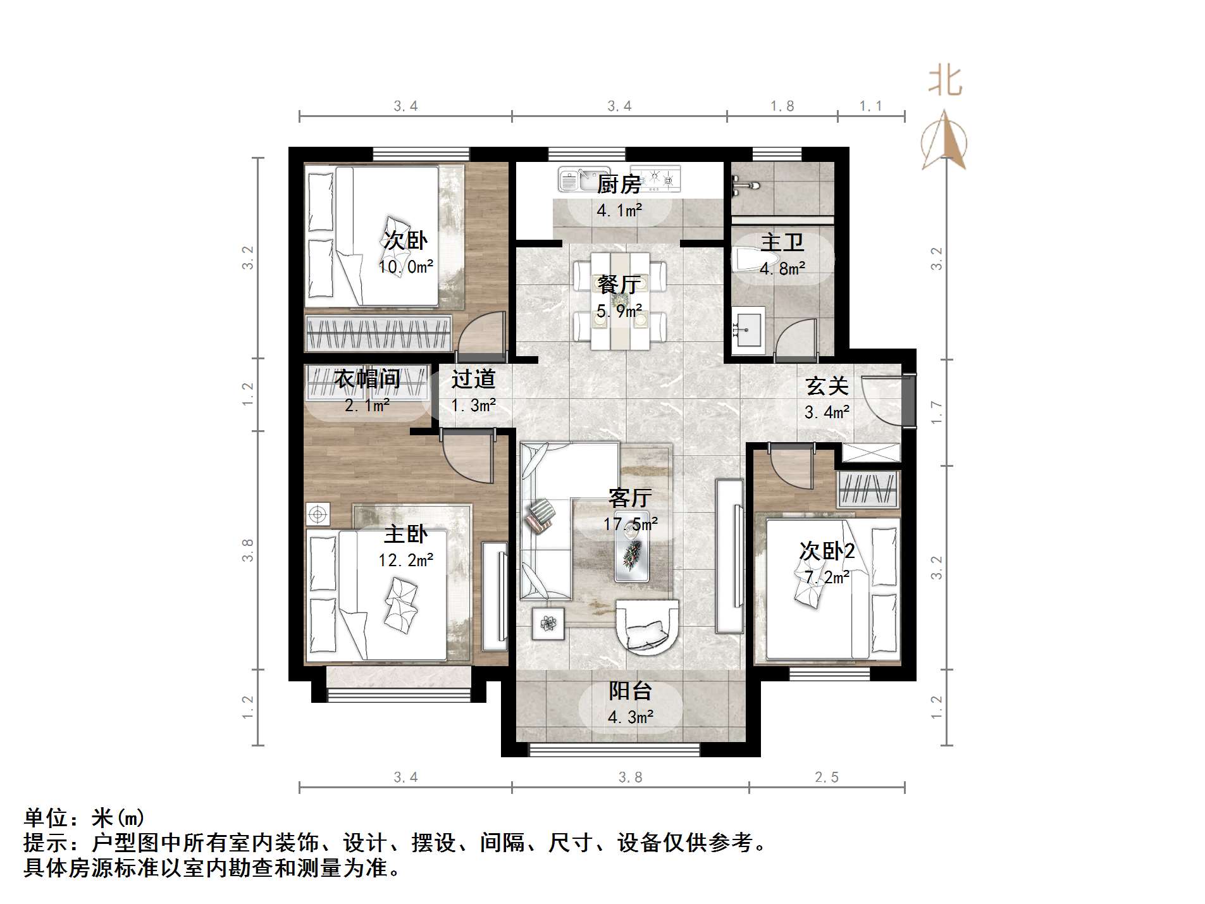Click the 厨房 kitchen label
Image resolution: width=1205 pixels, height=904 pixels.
[x=618, y=185]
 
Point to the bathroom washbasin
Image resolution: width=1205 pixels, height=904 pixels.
[x=748, y=328]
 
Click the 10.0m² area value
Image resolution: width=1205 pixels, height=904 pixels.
[x=405, y=267]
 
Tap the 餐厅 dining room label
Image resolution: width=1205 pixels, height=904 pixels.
[x=618, y=285]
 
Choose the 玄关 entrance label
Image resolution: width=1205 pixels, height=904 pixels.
[x=826, y=386]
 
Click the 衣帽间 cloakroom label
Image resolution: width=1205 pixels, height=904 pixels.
[x=367, y=379]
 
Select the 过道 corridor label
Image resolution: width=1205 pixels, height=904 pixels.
[x=473, y=379]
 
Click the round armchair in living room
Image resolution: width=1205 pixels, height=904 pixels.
[x=646, y=626]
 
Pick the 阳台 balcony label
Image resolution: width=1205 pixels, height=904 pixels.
[x=630, y=691]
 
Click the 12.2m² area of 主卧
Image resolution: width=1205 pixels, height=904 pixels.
[x=405, y=560]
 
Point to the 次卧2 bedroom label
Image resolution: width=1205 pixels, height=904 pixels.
[x=826, y=551]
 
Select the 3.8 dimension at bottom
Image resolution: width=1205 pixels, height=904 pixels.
[x=630, y=777]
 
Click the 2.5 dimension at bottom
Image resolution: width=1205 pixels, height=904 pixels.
[x=826, y=777]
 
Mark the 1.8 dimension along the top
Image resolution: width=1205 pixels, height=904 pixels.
[x=782, y=106]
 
